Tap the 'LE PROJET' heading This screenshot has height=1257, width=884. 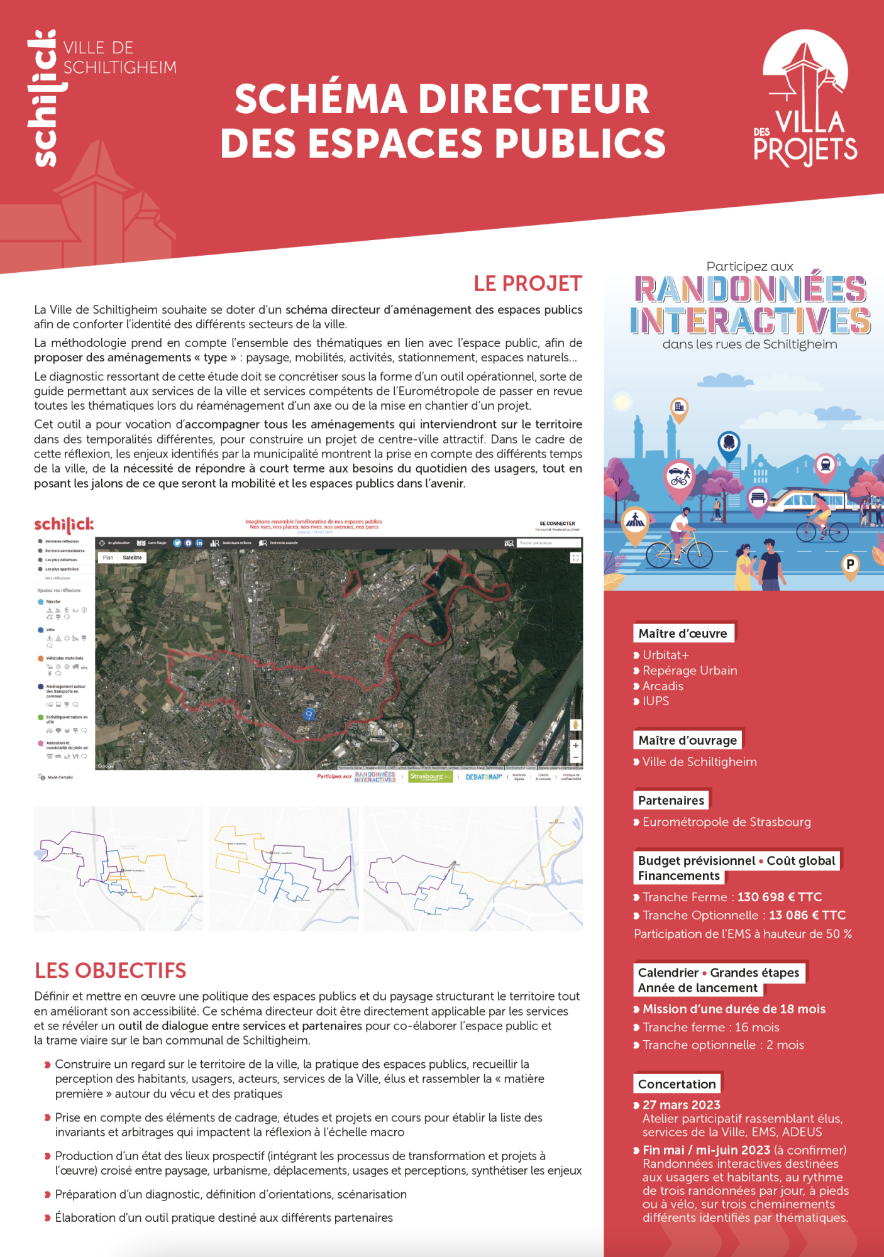coord(528,284)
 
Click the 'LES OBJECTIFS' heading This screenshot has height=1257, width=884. coord(111,970)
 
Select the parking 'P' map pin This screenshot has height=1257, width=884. coord(850,564)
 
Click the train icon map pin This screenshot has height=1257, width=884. coord(825,465)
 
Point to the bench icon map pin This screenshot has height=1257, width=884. coord(758,498)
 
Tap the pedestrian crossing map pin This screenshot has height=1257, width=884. coord(635,520)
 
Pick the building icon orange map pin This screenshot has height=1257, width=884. coord(679,407)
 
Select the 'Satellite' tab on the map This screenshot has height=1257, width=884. coord(132,557)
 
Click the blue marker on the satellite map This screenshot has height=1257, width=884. coord(309,714)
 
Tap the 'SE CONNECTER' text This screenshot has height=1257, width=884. coord(557,524)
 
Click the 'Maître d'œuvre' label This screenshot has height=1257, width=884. coord(682,634)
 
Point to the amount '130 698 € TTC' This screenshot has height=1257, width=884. coord(779,897)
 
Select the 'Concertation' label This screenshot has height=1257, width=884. coord(677,1084)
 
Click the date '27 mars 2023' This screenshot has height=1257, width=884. coord(681,1105)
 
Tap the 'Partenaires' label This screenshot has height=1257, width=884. coord(671,801)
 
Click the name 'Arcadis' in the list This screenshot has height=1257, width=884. coord(663,686)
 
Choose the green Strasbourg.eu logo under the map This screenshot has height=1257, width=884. coord(430,777)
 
